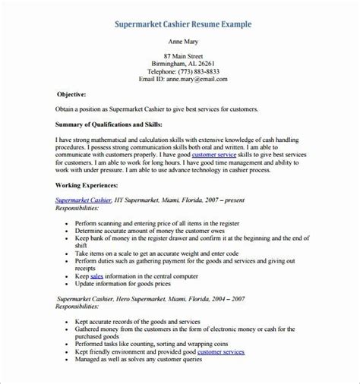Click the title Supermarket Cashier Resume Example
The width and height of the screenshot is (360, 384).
tap(182, 25)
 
